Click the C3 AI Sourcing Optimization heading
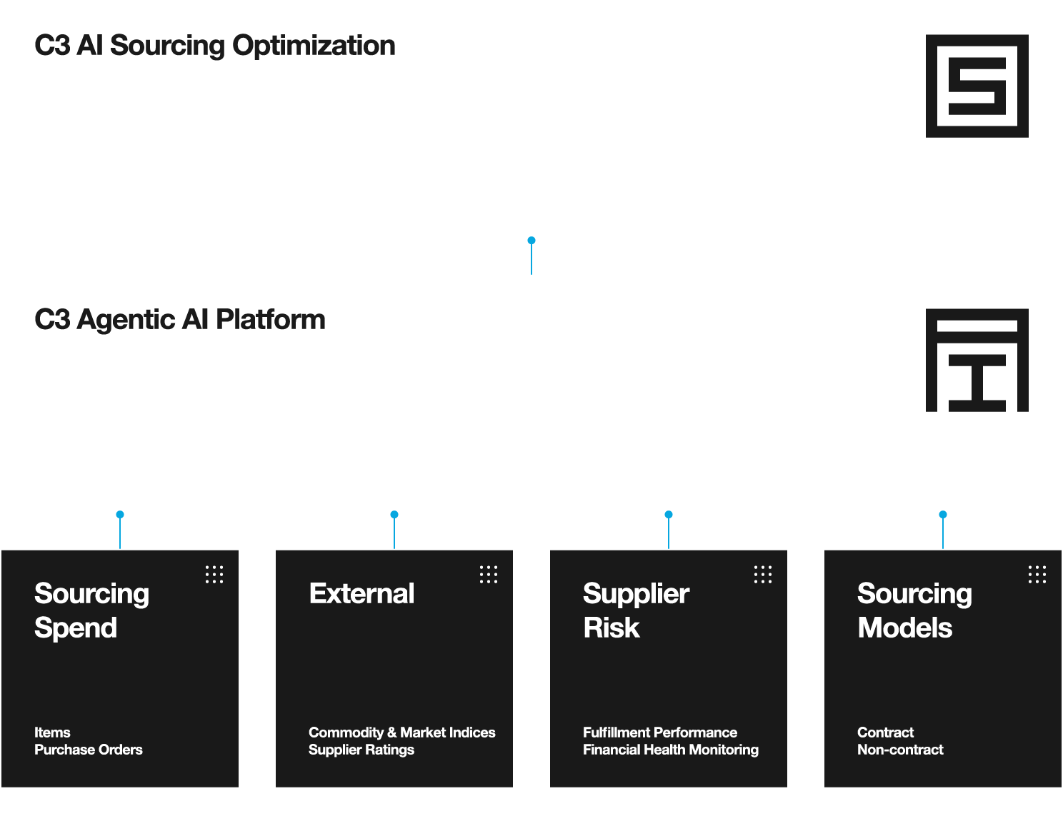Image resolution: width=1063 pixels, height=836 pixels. [215, 46]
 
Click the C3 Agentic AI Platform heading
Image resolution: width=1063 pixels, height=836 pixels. [180, 320]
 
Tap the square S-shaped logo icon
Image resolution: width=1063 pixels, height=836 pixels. [977, 86]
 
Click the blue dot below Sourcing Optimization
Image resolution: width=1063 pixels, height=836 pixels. [531, 241]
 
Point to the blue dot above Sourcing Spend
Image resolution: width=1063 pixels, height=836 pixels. [120, 515]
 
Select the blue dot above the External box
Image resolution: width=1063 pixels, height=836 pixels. [394, 515]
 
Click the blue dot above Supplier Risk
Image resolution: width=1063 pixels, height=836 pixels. [669, 515]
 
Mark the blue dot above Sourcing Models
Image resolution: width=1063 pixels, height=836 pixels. [942, 515]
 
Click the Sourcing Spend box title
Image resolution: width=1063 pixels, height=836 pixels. [92, 611]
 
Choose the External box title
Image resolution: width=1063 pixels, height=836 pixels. [361, 593]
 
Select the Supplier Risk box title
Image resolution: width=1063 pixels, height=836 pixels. [637, 611]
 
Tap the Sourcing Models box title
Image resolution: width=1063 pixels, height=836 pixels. [915, 611]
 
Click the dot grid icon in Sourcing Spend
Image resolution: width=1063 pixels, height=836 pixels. [214, 575]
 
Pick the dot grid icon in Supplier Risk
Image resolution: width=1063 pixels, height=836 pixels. [763, 575]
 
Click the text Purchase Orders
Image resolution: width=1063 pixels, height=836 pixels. [89, 750]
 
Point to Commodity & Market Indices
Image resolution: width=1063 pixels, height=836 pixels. [402, 732]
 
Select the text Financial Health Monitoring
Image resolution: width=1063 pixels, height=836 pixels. [671, 750]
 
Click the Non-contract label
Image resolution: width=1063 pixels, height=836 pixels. [901, 750]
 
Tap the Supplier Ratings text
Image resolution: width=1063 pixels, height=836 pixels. [361, 750]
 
